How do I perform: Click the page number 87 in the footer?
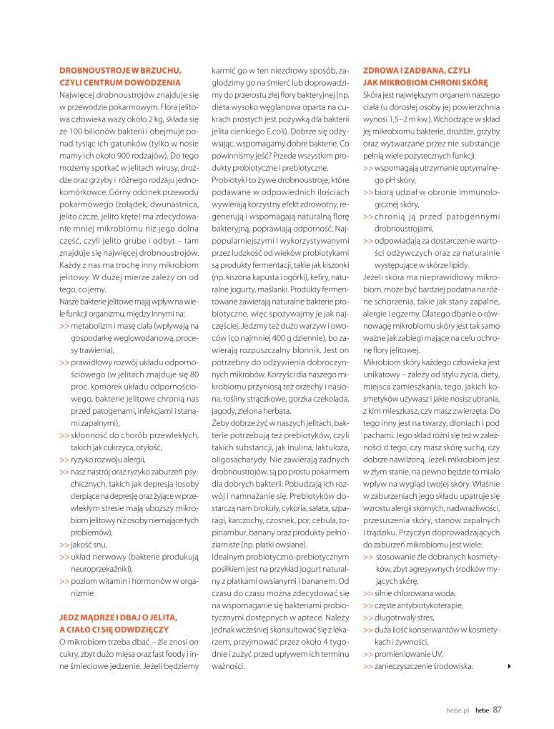click(498, 709)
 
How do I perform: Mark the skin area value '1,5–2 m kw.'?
click(391, 119)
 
